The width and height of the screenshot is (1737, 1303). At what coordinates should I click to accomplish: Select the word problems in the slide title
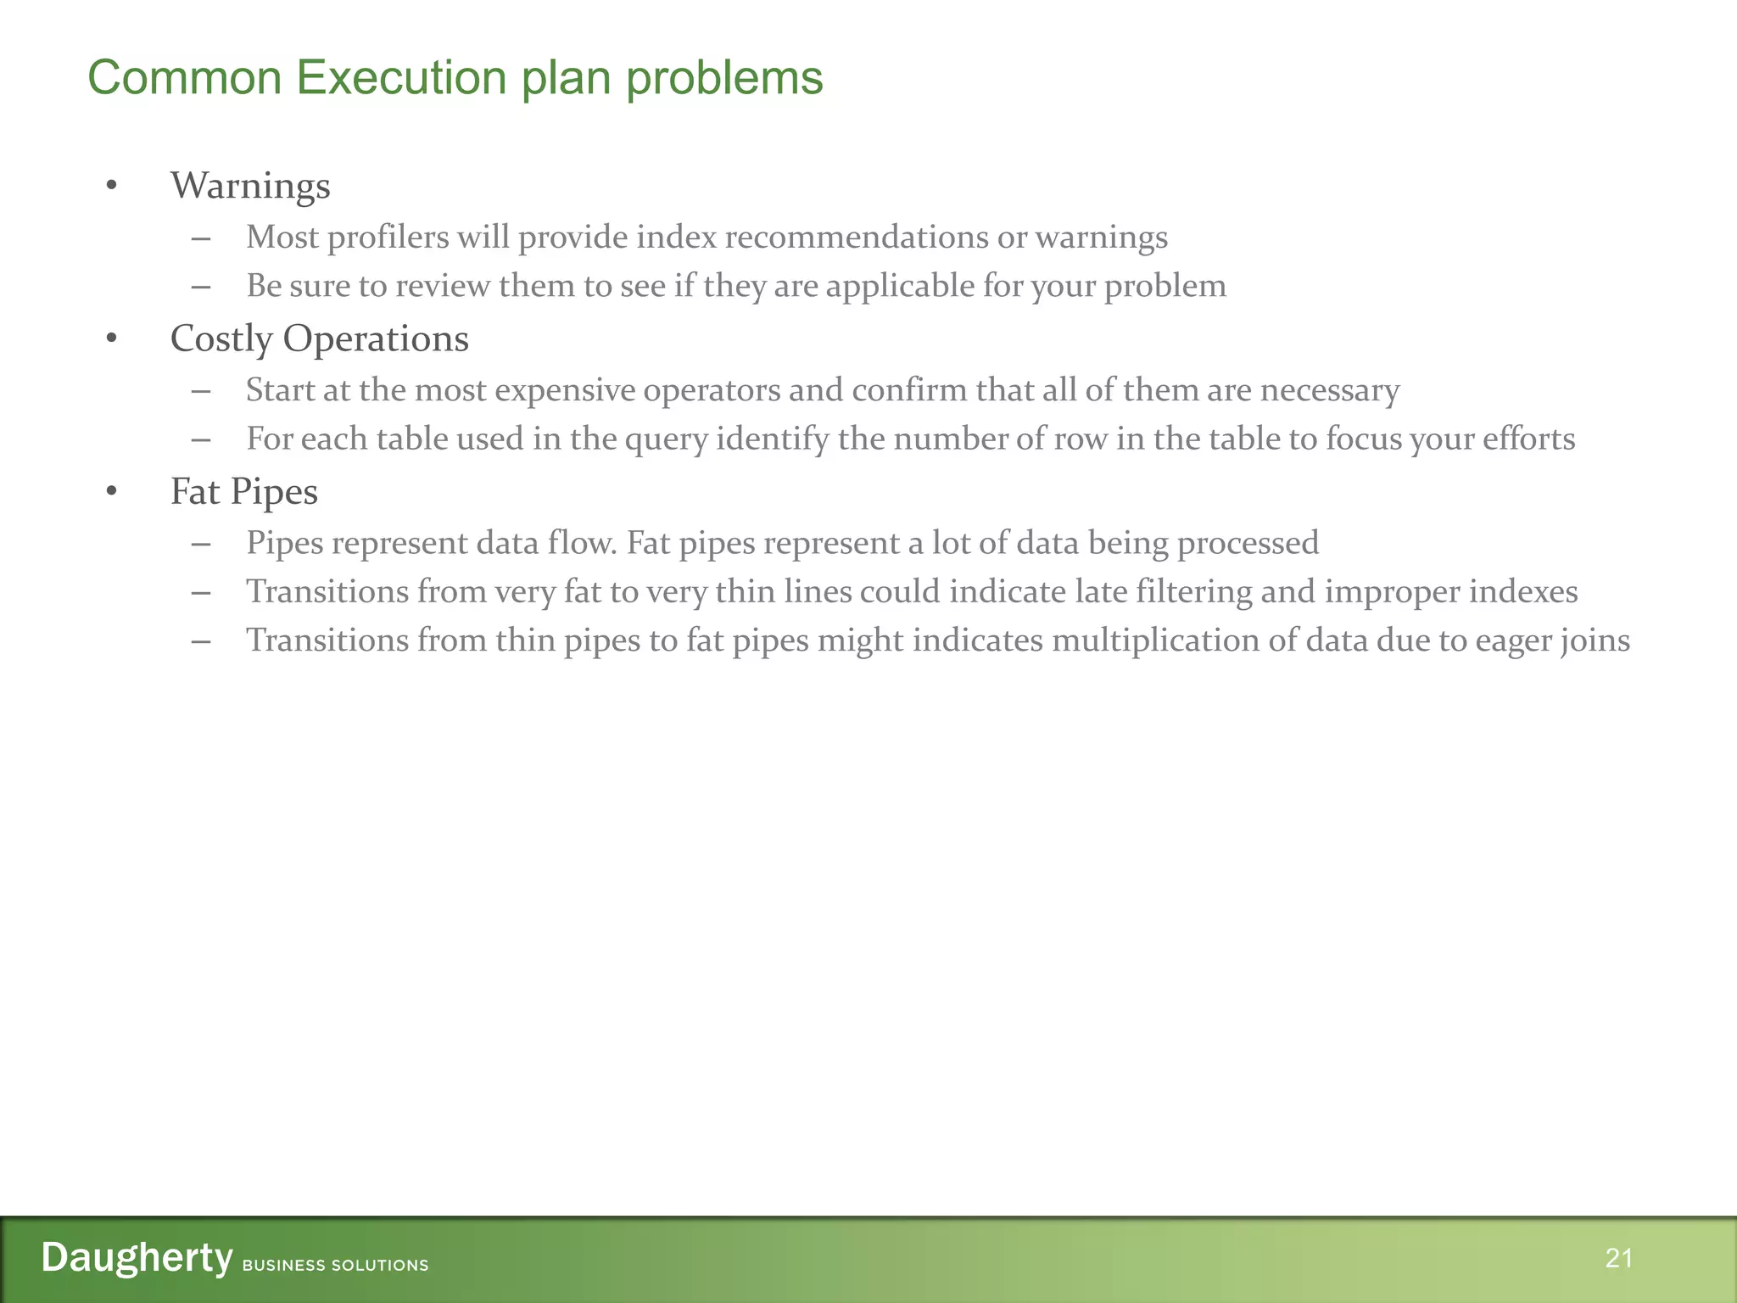point(724,78)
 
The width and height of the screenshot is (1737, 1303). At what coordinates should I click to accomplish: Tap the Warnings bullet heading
point(250,186)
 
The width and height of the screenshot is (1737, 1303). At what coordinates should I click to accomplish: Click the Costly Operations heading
point(319,338)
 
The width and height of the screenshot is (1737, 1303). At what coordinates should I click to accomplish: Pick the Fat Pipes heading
point(243,491)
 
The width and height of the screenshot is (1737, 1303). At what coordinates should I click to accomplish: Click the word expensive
point(565,390)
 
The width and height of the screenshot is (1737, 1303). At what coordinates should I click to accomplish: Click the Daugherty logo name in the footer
point(137,1257)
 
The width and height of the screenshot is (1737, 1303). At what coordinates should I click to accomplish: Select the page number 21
point(1618,1258)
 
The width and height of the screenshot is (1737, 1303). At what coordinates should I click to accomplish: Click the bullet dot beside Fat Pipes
point(111,491)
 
